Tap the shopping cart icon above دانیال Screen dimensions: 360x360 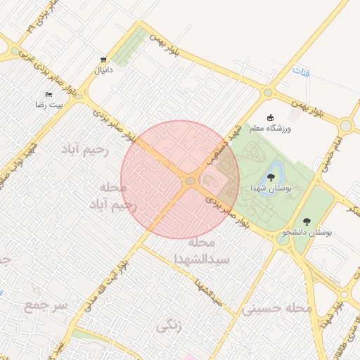[103, 59]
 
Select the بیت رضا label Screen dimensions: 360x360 [50, 104]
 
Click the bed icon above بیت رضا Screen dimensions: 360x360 [49, 94]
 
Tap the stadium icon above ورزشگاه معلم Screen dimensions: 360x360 [271, 117]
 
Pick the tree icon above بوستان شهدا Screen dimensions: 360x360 [271, 176]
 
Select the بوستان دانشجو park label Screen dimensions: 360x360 [307, 231]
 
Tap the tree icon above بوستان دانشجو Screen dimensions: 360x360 [306, 220]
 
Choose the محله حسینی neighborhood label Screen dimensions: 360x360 [276, 308]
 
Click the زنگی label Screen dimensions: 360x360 [171, 326]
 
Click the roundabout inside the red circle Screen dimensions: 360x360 [190, 181]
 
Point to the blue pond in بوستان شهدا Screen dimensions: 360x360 [274, 167]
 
